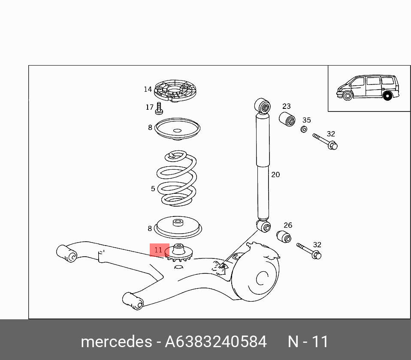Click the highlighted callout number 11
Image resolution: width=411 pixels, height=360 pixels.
pos(159,250)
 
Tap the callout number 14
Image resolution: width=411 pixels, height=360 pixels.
pos(148,89)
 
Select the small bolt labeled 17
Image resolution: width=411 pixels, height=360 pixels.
pos(159,108)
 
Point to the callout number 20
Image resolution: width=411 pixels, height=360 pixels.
pos(275,174)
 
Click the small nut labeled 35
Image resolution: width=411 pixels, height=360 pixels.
pos(303,129)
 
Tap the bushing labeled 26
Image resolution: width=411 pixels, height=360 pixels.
pos(284,236)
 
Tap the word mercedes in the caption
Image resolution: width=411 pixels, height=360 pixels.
pos(116,342)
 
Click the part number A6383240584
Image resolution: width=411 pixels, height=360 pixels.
pos(216,342)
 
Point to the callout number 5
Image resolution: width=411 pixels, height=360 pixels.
pos(153,189)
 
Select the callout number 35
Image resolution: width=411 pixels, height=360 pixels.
pos(306,120)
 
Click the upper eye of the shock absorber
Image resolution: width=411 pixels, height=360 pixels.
pos(263,106)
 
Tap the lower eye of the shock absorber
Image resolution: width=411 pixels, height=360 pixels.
pos(264,226)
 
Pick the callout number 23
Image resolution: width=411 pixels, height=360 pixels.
pos(286,106)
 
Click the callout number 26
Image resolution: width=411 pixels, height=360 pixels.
pos(287,225)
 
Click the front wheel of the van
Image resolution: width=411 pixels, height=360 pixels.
pos(348,96)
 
